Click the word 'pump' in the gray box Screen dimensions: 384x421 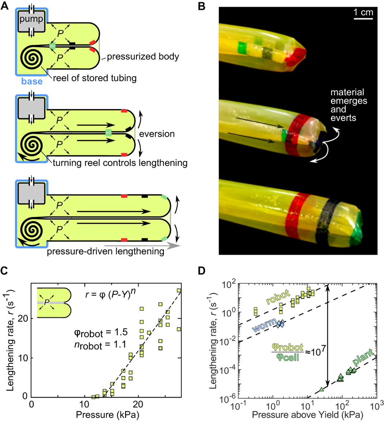(x=31, y=19)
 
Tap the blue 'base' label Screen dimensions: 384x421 (x=32, y=81)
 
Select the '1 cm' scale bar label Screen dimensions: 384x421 (x=363, y=12)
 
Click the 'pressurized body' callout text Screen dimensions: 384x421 (x=143, y=57)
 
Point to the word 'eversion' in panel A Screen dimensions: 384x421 (x=157, y=134)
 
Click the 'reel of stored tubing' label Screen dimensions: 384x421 (x=95, y=78)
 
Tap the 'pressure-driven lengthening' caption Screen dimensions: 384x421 (x=106, y=251)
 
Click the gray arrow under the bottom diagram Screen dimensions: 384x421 (x=142, y=246)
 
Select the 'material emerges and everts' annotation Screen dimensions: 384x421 (x=349, y=105)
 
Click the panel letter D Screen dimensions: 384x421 (x=202, y=271)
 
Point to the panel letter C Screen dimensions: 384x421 (x=4, y=271)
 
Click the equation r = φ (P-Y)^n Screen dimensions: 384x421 (x=110, y=293)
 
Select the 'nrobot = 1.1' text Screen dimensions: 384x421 (x=100, y=345)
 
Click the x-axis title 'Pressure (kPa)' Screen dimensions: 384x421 (x=108, y=415)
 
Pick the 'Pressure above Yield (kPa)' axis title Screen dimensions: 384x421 (x=308, y=415)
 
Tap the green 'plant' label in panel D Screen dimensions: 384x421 (x=363, y=357)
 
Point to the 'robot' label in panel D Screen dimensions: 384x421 (x=278, y=297)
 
